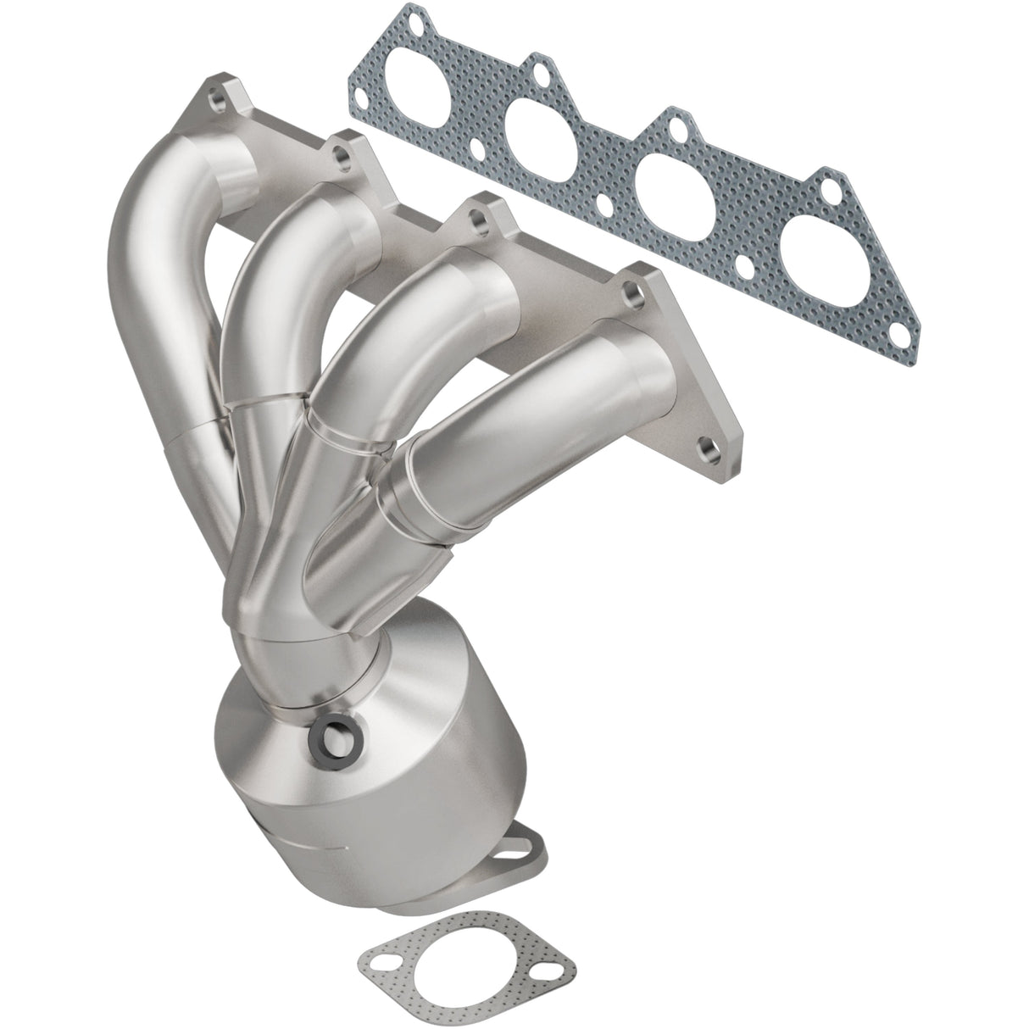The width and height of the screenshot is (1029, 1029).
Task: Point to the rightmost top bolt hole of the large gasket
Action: coord(832,181)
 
